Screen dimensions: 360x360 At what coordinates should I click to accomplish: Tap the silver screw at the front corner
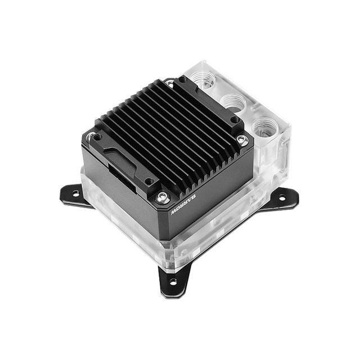(x=163, y=196)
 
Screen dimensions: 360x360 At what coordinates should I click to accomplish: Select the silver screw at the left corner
(x=91, y=136)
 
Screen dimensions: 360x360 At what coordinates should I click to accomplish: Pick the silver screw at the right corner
(x=242, y=139)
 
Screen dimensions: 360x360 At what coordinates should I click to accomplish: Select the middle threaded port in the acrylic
(x=233, y=102)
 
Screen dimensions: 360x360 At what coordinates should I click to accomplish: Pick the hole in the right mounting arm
(x=282, y=197)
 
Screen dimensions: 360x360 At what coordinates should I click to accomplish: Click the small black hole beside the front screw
(x=148, y=182)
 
